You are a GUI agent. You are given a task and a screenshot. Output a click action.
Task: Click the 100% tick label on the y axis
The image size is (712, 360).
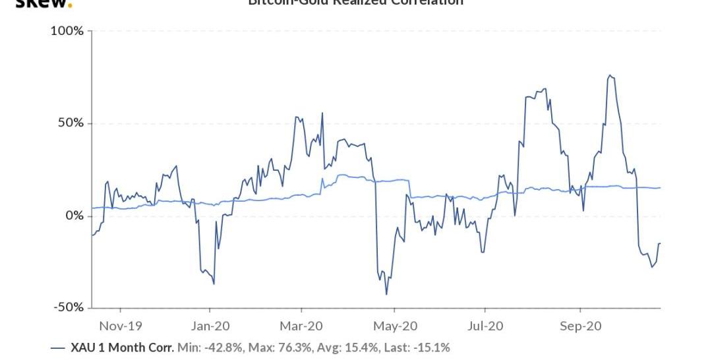tap(67, 31)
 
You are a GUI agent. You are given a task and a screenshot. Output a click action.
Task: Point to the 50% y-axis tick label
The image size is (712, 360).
tap(69, 123)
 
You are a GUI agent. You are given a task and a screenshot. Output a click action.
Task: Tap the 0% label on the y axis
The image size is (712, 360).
tap(73, 216)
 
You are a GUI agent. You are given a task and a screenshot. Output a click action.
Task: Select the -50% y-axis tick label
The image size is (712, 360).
tap(68, 307)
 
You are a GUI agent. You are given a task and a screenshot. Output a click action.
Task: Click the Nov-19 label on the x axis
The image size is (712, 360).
tap(120, 326)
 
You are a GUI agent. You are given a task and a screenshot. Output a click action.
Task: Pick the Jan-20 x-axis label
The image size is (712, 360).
tap(210, 326)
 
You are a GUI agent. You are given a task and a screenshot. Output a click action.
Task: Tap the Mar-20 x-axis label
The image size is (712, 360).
tap(301, 326)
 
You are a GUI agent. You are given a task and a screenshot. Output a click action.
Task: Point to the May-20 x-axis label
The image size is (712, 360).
tap(394, 326)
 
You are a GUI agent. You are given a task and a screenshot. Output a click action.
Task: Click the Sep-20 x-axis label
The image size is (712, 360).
tap(580, 326)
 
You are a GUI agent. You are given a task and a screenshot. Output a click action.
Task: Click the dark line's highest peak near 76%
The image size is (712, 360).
tap(610, 76)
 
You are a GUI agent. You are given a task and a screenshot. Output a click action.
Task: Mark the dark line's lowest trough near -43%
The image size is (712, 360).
tap(386, 294)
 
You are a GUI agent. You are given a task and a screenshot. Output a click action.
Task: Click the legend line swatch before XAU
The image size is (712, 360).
tap(58, 347)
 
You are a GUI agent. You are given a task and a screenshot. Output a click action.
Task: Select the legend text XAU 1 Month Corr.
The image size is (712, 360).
tap(122, 347)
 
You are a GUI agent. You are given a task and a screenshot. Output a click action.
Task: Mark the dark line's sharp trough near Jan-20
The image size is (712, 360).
tap(214, 284)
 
